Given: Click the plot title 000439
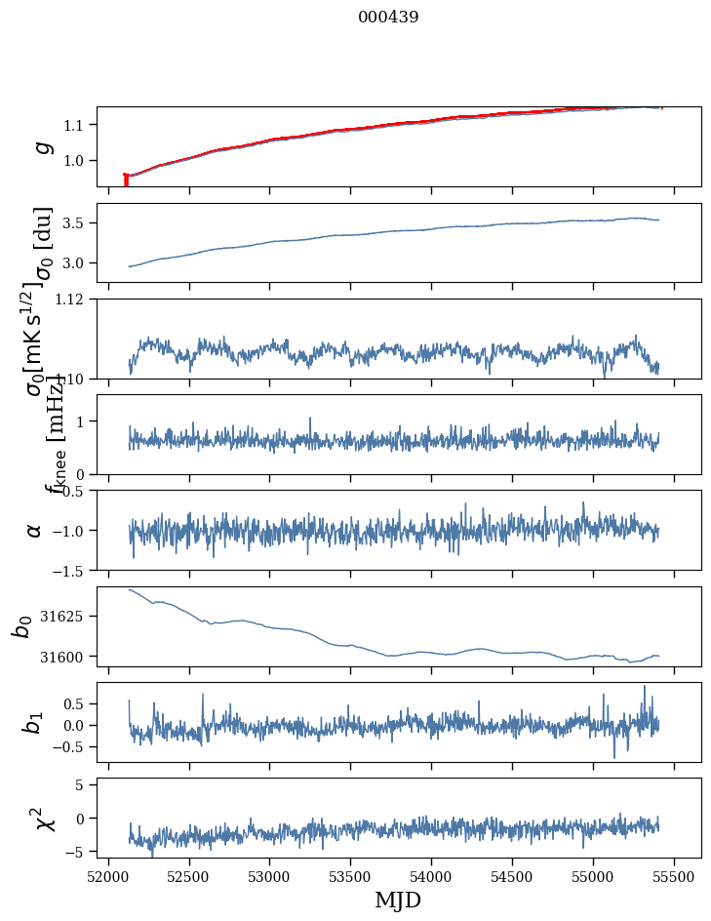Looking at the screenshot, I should click(388, 17).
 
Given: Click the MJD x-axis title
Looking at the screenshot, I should click(398, 900).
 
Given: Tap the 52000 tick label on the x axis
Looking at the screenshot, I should click(108, 876).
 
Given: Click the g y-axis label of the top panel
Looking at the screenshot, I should click(42, 146).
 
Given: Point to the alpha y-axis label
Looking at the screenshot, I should click(34, 530).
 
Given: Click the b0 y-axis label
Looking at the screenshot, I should click(22, 626).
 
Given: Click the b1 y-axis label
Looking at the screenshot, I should click(34, 722).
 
